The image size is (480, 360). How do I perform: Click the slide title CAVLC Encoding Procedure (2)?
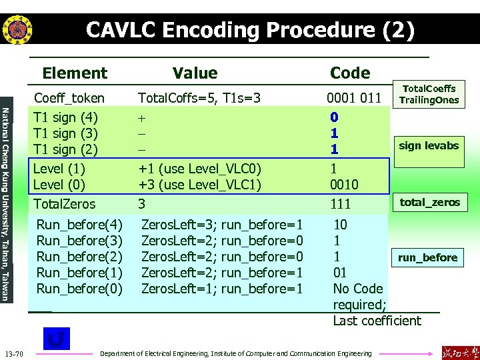coord(250,30)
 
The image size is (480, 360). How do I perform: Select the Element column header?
coord(75,73)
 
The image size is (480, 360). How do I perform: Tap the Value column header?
coord(195,73)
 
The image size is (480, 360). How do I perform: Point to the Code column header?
coord(350,73)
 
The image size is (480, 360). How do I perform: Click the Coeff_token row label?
coord(69,98)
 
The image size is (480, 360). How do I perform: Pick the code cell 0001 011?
coord(354,99)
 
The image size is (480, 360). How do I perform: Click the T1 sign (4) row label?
coord(66,117)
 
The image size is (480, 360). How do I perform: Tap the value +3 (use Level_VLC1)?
coord(199,185)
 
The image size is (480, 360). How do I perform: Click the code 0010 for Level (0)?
coord(344,185)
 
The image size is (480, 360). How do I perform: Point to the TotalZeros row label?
coord(65,204)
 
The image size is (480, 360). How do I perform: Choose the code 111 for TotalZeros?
coord(341,204)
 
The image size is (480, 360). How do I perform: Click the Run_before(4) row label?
coord(79,225)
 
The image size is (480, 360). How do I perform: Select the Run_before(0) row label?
coord(79,289)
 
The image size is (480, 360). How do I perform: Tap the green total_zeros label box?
coord(429,202)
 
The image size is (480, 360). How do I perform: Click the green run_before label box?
coord(427,257)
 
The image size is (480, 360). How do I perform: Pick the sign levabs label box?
coord(429,145)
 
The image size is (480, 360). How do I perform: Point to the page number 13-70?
coord(14,353)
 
